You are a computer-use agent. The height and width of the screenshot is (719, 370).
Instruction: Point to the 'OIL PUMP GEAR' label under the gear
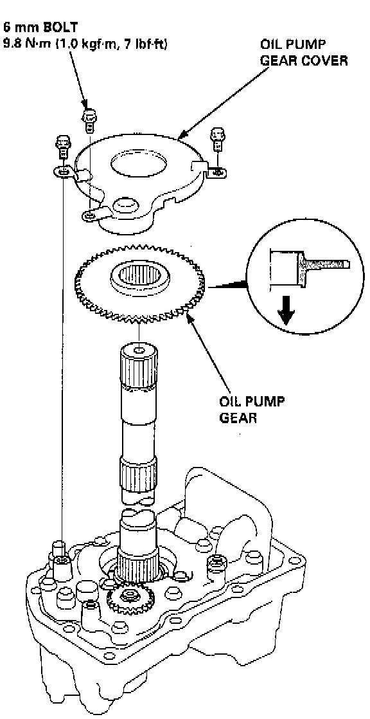point(251,410)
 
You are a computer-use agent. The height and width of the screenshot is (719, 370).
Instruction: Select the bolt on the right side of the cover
point(217,140)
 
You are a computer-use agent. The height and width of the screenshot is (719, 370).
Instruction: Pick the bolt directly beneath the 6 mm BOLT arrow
point(89,121)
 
